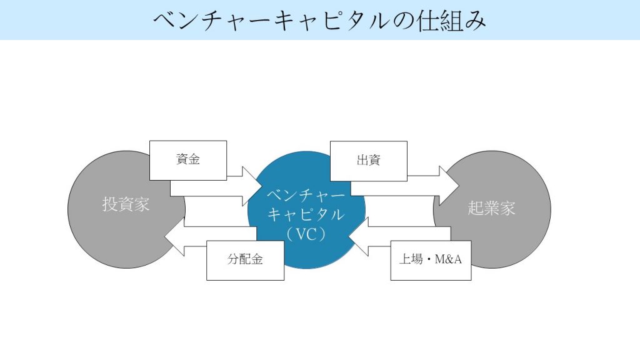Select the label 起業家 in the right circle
pyautogui.click(x=491, y=208)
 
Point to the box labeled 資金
pyautogui.click(x=187, y=160)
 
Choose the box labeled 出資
pyautogui.click(x=368, y=161)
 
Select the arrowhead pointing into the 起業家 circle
pyautogui.click(x=449, y=185)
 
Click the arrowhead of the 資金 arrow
pyautogui.click(x=252, y=186)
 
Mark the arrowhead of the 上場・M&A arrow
pyautogui.click(x=357, y=241)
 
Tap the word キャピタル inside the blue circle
pyautogui.click(x=306, y=214)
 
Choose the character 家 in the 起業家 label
pyautogui.click(x=507, y=208)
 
